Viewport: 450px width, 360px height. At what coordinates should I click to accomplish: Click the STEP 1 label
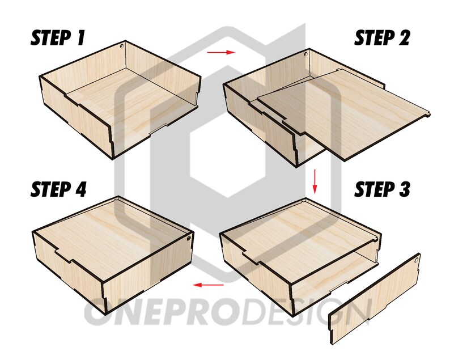click(58, 39)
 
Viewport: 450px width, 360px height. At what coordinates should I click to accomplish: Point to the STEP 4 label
click(59, 189)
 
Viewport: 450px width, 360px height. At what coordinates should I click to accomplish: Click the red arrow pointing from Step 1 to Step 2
click(220, 53)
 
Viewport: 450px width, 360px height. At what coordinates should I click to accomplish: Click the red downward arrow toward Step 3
click(315, 181)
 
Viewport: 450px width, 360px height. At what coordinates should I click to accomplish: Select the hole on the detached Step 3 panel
click(417, 259)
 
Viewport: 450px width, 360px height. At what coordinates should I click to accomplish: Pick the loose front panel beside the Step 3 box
click(375, 298)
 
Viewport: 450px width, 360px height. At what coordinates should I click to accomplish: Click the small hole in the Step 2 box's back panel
click(307, 56)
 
